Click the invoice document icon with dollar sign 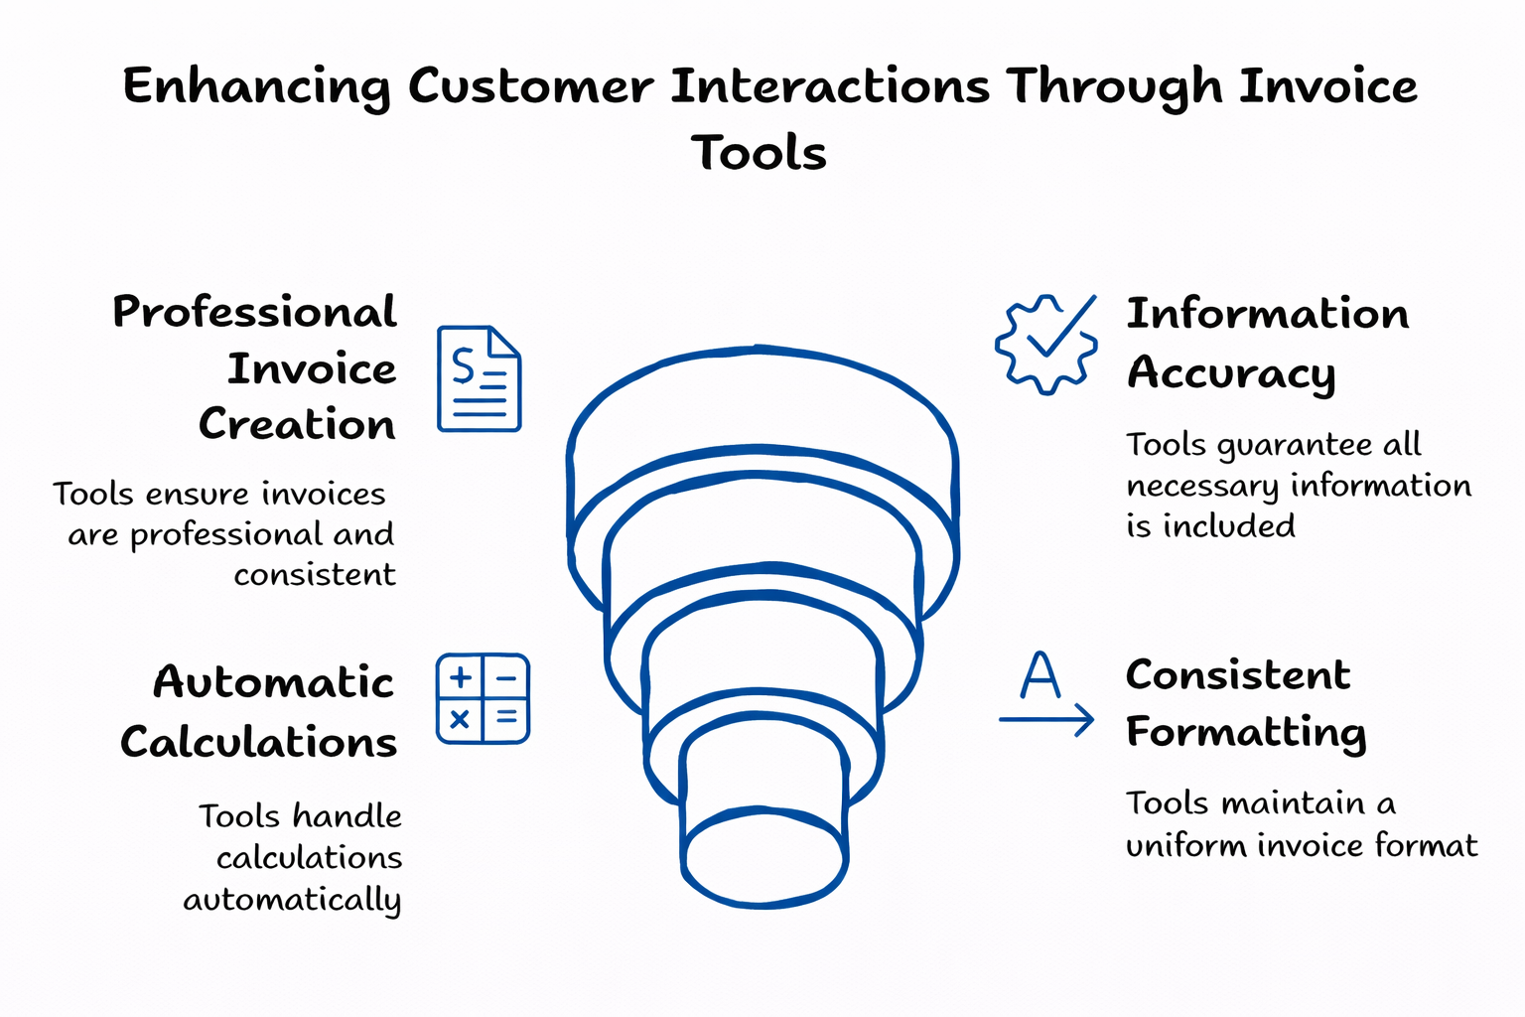(x=479, y=378)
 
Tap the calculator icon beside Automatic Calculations (x=483, y=699)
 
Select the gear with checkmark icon (x=1046, y=345)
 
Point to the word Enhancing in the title (x=256, y=87)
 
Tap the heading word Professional (x=254, y=313)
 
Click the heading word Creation (x=297, y=425)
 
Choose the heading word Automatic (x=273, y=683)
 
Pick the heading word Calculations (x=258, y=743)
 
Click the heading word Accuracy (x=1231, y=374)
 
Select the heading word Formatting (x=1246, y=734)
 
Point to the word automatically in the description (x=292, y=900)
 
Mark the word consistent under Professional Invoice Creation (x=315, y=575)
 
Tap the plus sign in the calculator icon (x=460, y=678)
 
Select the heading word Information (x=1267, y=315)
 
